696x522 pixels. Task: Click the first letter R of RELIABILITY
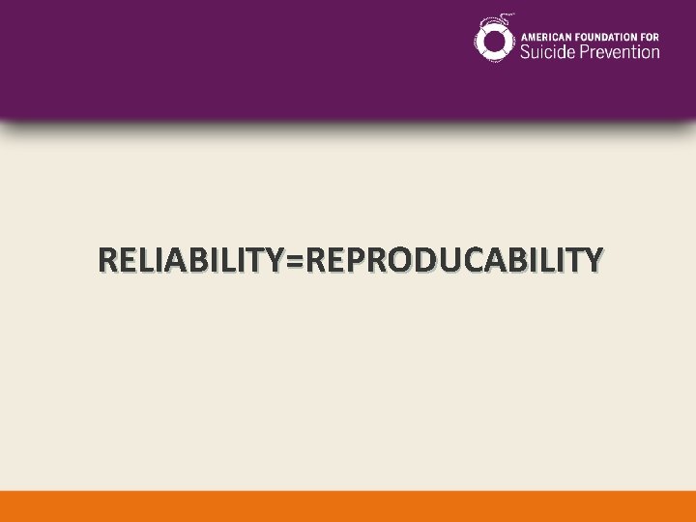(x=107, y=260)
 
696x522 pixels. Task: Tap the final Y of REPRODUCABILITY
(x=593, y=260)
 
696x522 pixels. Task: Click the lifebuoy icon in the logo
(x=494, y=41)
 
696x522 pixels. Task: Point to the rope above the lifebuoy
(x=503, y=19)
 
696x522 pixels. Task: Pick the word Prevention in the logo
(x=620, y=50)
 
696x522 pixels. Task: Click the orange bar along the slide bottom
(x=348, y=507)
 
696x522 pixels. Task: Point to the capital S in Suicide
(x=526, y=50)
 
